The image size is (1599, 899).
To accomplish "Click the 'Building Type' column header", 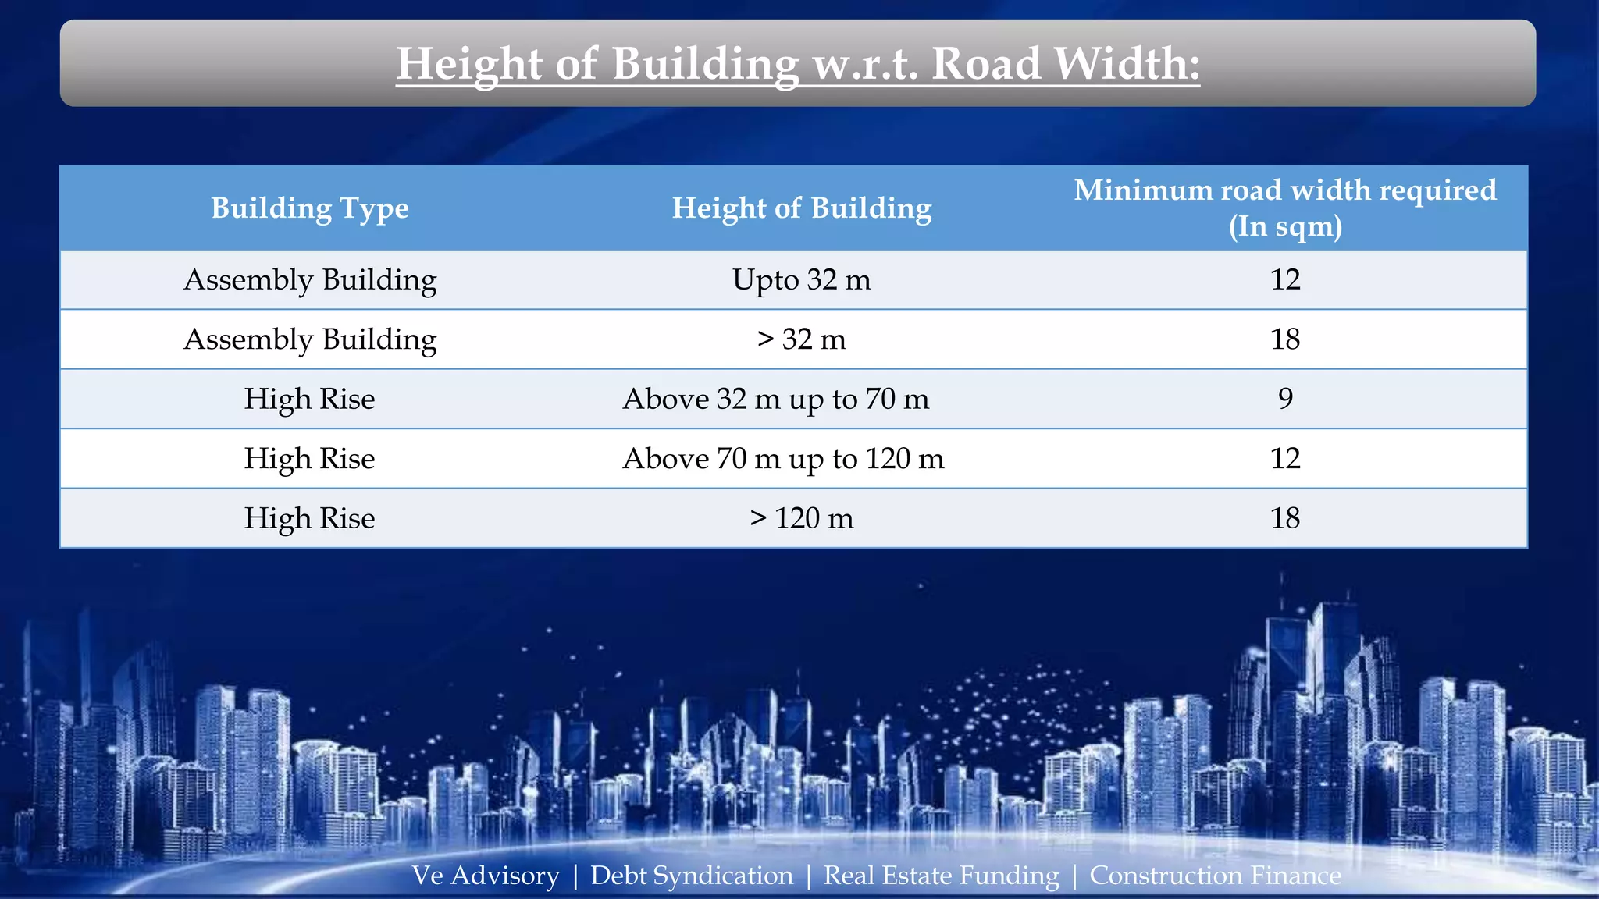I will click(x=310, y=208).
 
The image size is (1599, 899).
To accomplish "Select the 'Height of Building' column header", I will click(x=802, y=208).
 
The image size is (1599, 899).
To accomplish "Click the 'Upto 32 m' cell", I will click(x=802, y=279).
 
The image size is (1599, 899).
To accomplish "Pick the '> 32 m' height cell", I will click(x=802, y=339).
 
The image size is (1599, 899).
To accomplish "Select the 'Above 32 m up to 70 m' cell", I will click(x=776, y=399).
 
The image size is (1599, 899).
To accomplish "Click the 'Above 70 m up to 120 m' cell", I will click(x=783, y=459).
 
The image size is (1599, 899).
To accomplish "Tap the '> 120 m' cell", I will click(x=802, y=518).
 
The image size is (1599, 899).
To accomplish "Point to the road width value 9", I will click(x=1285, y=399).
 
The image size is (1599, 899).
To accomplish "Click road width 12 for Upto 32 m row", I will click(x=1285, y=279).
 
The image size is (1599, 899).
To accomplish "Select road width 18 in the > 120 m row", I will click(x=1285, y=518).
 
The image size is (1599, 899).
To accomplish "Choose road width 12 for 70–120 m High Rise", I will click(x=1285, y=459).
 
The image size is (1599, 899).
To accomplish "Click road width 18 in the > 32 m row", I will click(x=1285, y=339).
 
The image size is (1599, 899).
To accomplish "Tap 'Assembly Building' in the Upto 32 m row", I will click(x=310, y=279).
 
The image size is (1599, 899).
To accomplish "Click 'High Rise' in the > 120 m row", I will click(x=310, y=518).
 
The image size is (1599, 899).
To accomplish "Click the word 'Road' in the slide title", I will click(x=987, y=64).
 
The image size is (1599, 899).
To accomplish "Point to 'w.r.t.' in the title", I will click(x=866, y=64).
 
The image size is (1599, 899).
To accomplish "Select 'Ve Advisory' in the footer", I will click(x=486, y=876).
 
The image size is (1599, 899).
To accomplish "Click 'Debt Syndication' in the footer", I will click(x=692, y=876).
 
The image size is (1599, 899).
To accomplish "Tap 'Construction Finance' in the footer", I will click(x=1215, y=876).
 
